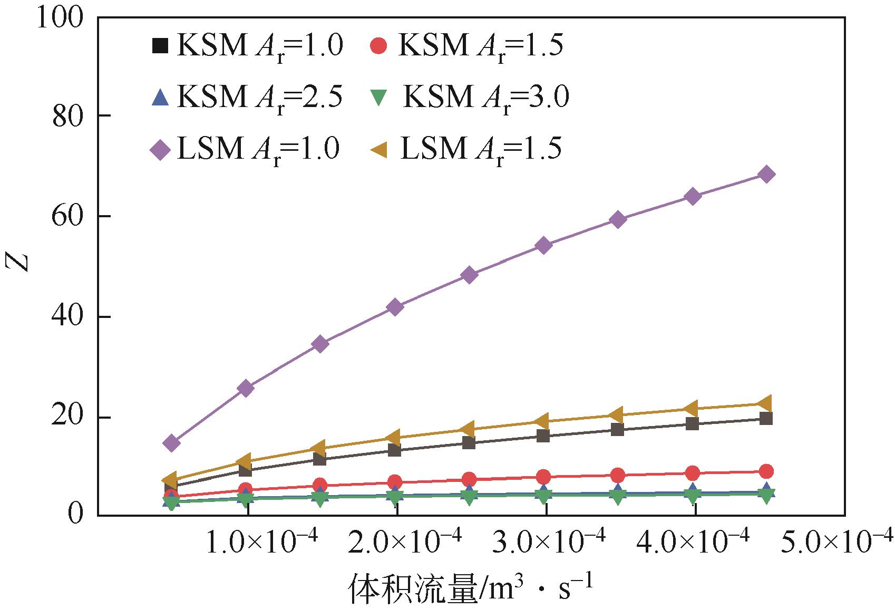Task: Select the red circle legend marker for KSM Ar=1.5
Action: [x=378, y=45]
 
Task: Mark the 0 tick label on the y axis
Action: [x=76, y=513]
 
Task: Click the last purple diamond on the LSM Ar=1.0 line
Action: [x=767, y=175]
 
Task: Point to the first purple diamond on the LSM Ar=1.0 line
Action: [x=171, y=443]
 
